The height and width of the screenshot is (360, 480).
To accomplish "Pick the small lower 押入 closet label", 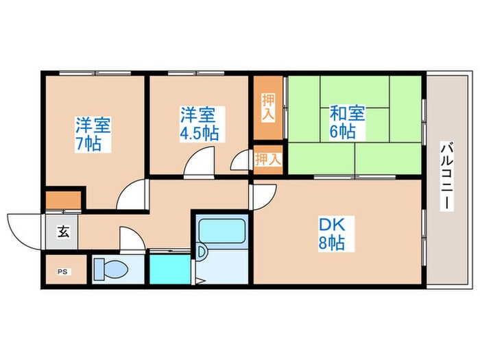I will click(268, 160).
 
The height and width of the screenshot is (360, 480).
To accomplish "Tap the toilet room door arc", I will click(131, 239).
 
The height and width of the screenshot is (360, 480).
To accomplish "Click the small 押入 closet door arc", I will click(241, 162).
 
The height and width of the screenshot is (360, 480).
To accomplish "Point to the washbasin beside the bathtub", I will click(202, 253).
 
